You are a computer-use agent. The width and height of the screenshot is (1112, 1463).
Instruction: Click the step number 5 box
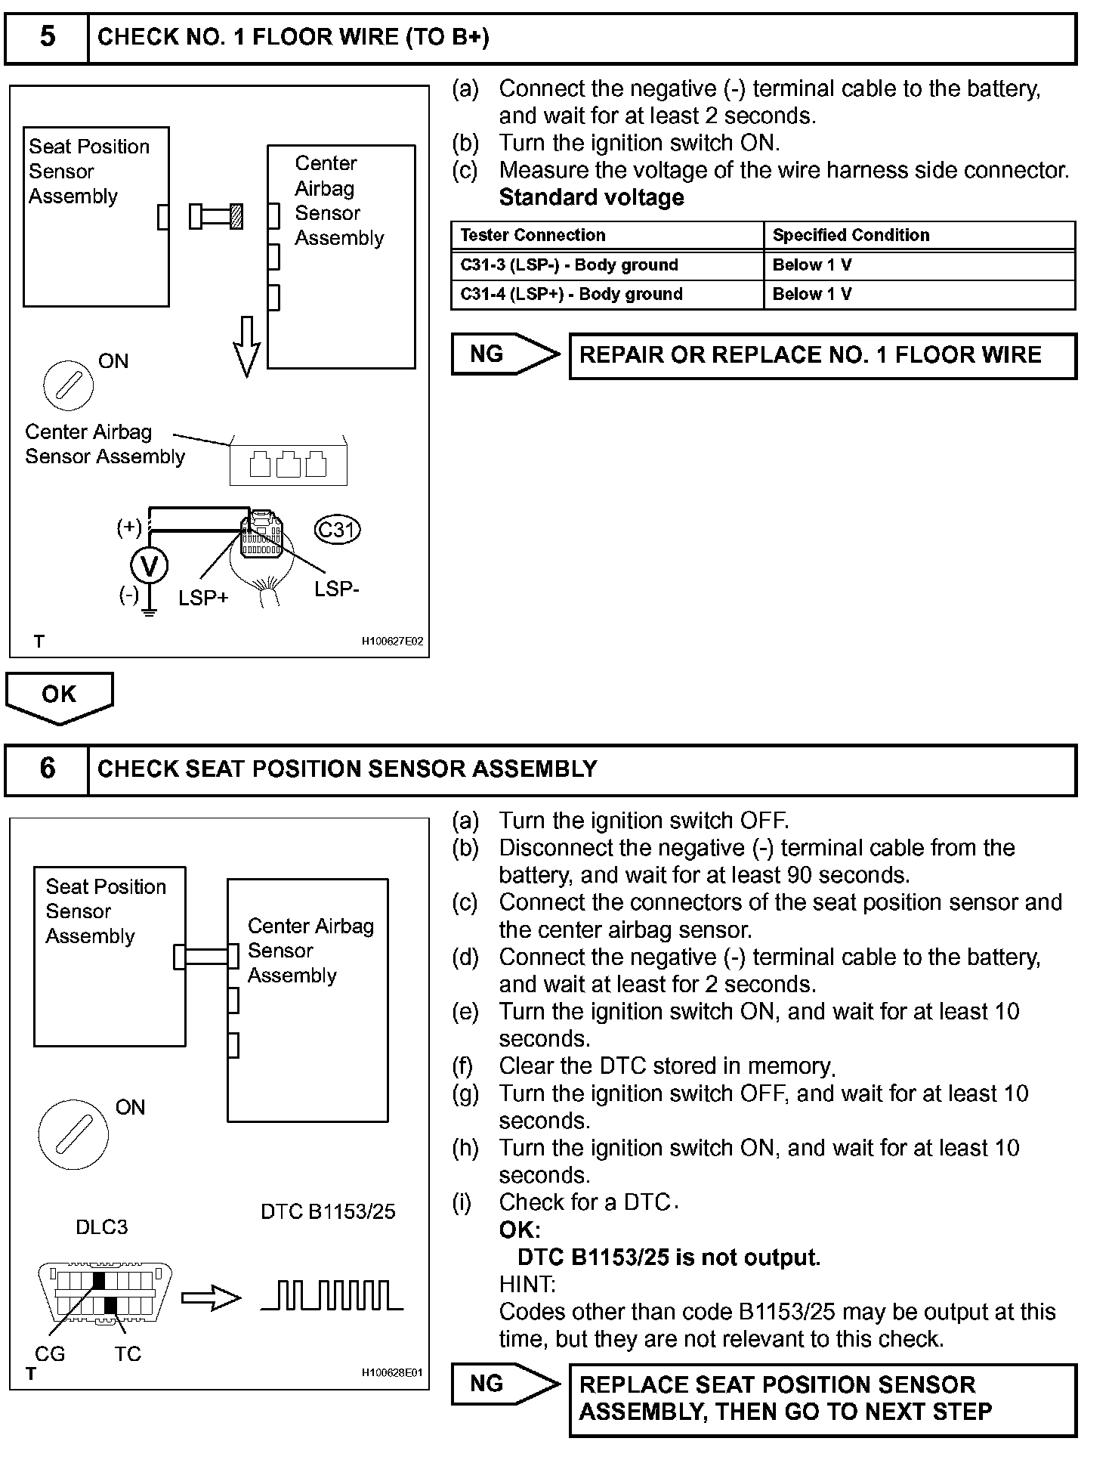pyautogui.click(x=47, y=37)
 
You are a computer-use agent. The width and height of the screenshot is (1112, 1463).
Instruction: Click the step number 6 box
pyautogui.click(x=47, y=769)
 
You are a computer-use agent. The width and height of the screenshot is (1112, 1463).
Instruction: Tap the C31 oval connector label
pyautogui.click(x=337, y=530)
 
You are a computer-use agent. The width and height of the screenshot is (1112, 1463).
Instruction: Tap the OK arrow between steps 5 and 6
pyautogui.click(x=59, y=696)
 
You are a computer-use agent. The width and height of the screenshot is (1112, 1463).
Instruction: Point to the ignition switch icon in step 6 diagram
pyautogui.click(x=73, y=1134)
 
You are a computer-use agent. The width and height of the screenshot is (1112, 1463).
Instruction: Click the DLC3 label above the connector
pyautogui.click(x=102, y=1227)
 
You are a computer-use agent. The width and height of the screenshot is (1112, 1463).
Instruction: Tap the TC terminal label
pyautogui.click(x=128, y=1354)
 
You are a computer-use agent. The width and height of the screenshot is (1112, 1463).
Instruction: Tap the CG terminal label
pyautogui.click(x=50, y=1354)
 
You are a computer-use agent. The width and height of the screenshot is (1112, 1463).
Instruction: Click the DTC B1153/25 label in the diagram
pyautogui.click(x=328, y=1212)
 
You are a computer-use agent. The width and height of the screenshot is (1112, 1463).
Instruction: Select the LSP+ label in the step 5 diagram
pyautogui.click(x=203, y=598)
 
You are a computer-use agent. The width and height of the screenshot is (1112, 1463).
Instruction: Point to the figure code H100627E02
pyautogui.click(x=392, y=642)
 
